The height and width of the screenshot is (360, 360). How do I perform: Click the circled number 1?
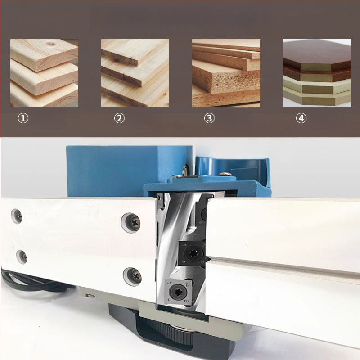tap(23, 118)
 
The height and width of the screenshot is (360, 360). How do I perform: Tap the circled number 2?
tap(119, 118)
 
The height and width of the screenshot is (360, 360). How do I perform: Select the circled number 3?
tap(209, 118)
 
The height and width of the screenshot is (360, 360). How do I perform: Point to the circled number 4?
tap(301, 118)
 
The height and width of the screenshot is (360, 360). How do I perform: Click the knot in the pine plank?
tap(50, 43)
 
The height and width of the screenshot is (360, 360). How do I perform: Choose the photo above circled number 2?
tap(135, 73)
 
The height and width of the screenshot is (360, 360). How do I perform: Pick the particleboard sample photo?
tap(226, 73)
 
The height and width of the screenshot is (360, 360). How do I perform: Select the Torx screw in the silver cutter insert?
tap(177, 292)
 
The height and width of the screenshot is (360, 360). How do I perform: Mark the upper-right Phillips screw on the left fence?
tap(131, 222)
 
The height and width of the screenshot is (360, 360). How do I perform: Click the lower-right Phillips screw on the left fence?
tap(132, 277)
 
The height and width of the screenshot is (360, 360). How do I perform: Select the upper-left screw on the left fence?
tap(17, 216)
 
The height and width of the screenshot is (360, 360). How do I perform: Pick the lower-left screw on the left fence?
tap(22, 256)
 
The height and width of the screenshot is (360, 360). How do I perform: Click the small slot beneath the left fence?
tap(91, 296)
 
